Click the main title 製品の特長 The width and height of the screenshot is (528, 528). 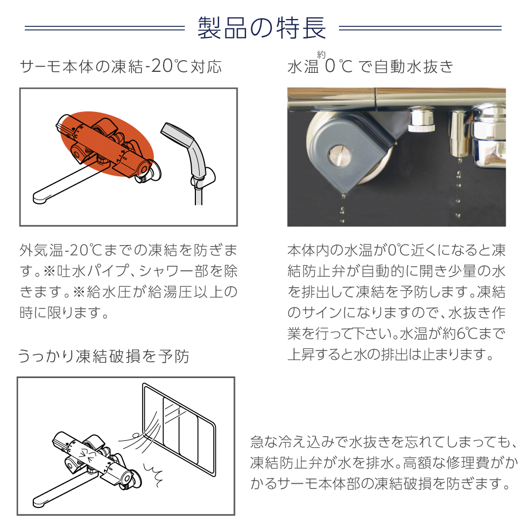pos(262,28)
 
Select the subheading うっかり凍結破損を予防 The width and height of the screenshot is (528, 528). pos(103,357)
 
